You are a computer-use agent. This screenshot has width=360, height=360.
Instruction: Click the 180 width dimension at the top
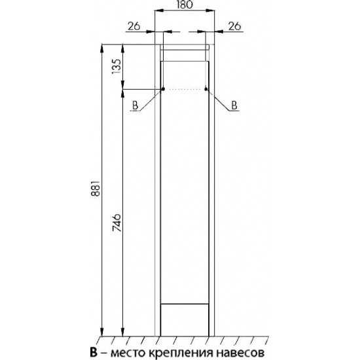pyautogui.click(x=185, y=5)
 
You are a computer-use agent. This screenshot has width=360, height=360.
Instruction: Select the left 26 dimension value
pyautogui.click(x=134, y=26)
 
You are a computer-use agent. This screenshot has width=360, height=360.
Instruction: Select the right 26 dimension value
pyautogui.click(x=234, y=26)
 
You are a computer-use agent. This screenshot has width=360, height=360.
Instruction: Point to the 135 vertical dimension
pyautogui.click(x=116, y=66)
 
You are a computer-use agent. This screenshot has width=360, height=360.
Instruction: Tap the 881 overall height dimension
pyautogui.click(x=96, y=188)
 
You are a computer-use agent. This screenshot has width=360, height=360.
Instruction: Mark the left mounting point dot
pyautogui.click(x=163, y=89)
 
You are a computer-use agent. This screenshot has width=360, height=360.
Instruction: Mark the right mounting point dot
pyautogui.click(x=206, y=89)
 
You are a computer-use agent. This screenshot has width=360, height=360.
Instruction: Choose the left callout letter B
pyautogui.click(x=135, y=105)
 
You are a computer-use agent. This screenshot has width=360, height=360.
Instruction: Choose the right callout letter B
pyautogui.click(x=234, y=105)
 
